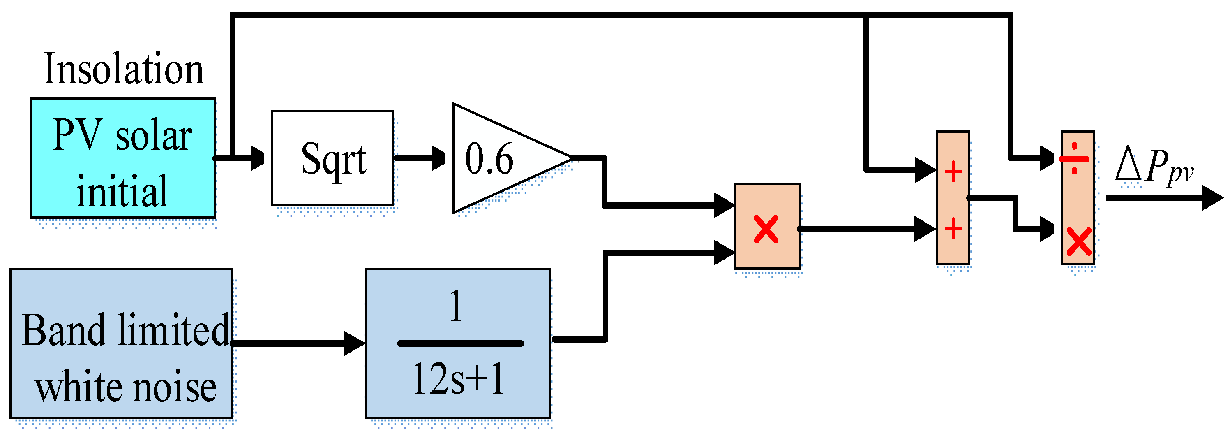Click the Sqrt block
[x=333, y=158]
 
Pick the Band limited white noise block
[x=121, y=343]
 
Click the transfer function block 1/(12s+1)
[x=457, y=343]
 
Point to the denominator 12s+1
[x=457, y=379]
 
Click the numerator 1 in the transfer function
[x=456, y=307]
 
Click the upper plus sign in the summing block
[x=953, y=172]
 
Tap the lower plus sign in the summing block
[x=953, y=228]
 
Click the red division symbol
[x=1074, y=159]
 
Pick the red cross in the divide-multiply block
[x=1079, y=241]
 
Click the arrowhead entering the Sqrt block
[x=257, y=158]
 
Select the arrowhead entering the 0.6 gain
[x=438, y=158]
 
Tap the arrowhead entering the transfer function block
[x=354, y=343]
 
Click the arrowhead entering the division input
[x=1048, y=158]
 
